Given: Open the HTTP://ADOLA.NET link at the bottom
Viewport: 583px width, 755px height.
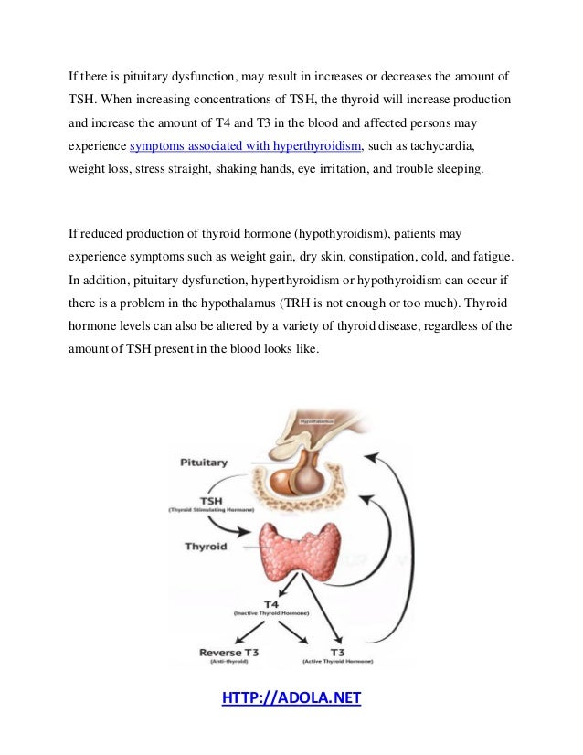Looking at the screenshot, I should coord(291,699).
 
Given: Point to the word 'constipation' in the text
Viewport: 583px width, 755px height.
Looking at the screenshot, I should coord(386,256).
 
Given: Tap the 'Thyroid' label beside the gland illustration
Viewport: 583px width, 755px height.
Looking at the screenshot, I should coord(207,547).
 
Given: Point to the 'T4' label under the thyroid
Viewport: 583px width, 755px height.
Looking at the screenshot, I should coord(271,604).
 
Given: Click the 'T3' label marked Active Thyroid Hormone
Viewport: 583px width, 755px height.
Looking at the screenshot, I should coord(337,652).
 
